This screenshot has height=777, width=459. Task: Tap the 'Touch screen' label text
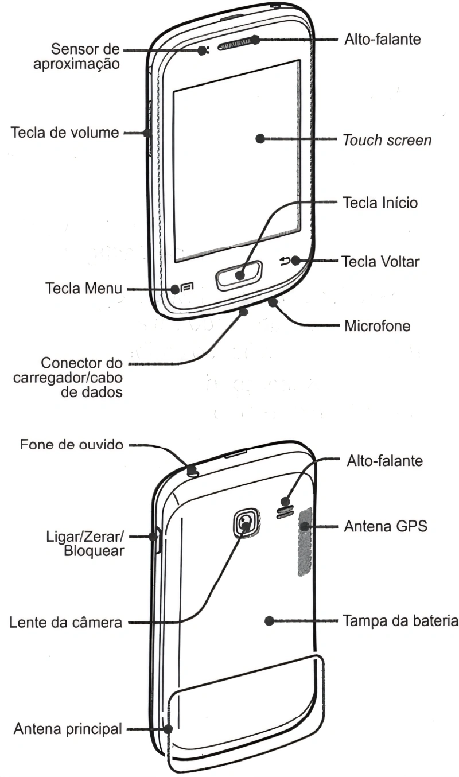point(387,140)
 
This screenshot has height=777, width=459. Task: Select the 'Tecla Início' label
point(380,203)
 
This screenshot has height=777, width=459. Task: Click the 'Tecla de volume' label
point(65,133)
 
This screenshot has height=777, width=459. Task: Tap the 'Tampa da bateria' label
point(399,621)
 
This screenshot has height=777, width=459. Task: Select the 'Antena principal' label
point(68,729)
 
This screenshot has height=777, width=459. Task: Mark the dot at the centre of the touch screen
point(260,138)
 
